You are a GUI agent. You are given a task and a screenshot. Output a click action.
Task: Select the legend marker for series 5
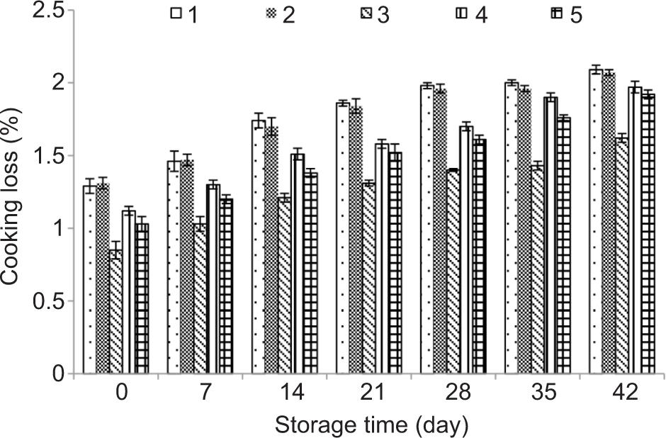point(557,13)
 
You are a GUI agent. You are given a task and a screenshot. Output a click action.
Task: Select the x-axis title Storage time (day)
point(371,426)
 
